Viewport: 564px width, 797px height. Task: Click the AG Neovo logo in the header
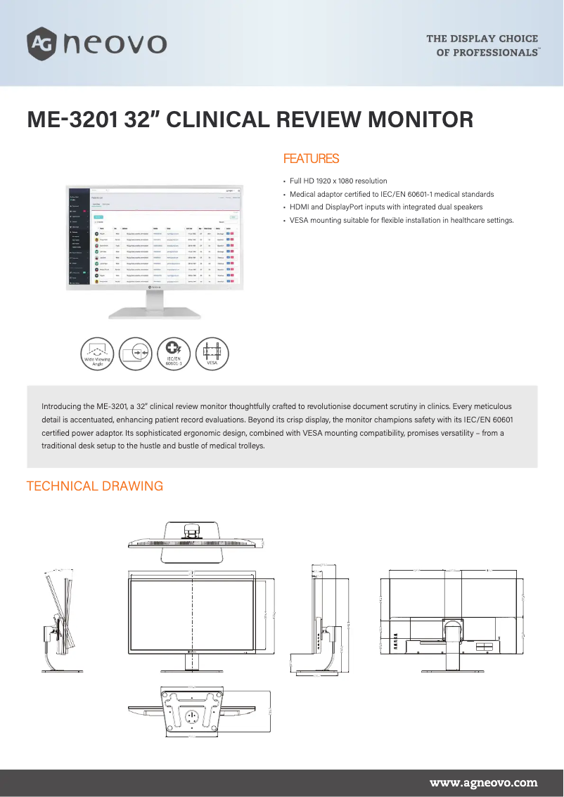tap(96, 44)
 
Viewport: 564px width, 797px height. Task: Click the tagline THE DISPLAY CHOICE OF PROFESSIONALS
tap(482, 46)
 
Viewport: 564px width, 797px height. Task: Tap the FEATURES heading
tap(311, 159)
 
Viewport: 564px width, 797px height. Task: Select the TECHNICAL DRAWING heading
tap(95, 486)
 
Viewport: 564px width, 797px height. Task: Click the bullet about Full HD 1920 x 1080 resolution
tap(338, 181)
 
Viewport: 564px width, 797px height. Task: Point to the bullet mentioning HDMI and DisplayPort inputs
tap(386, 207)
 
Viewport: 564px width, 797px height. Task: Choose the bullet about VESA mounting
tap(402, 221)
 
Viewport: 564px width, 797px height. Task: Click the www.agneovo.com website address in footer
tap(483, 782)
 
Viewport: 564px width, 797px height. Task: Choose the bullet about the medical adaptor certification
tap(392, 194)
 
